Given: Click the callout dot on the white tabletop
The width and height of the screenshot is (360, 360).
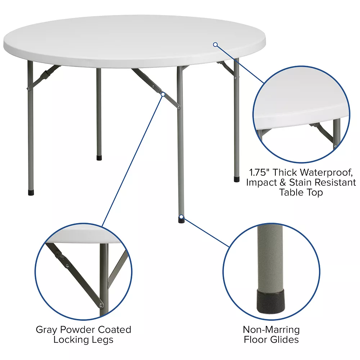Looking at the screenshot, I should click(215, 45).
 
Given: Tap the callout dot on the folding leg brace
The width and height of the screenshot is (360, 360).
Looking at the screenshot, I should click(163, 94).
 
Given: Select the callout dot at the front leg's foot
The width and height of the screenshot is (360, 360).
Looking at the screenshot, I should click(181, 217).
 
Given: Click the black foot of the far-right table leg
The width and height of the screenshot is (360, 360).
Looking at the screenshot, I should click(237, 179).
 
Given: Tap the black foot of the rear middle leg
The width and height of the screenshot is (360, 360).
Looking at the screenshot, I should click(99, 158).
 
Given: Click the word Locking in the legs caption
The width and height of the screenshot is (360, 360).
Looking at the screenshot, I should click(69, 339).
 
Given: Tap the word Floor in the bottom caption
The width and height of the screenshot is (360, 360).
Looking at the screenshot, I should click(256, 339).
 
